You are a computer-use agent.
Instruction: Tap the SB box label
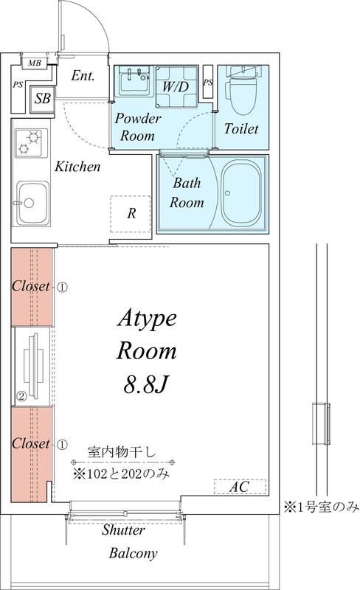tap(43, 98)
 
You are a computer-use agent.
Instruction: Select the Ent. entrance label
tap(83, 75)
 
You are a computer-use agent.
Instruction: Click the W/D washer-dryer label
tap(175, 86)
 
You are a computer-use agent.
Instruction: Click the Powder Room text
tap(138, 128)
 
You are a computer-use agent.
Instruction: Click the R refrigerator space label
tap(131, 214)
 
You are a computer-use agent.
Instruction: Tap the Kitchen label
tap(77, 167)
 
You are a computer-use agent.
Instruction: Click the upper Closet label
tap(30, 286)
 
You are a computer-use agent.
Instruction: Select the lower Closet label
tap(30, 444)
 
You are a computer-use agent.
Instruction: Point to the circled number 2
tap(22, 396)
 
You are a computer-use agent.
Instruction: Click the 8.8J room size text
tap(148, 383)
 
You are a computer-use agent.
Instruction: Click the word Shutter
tap(124, 530)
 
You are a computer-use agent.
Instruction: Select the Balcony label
tap(133, 552)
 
